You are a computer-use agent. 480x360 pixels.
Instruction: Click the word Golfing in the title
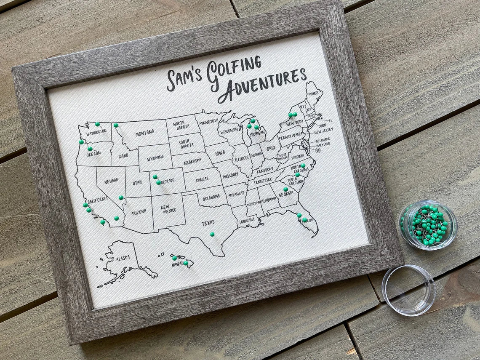[234, 69]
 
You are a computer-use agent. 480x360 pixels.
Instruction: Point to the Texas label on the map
[208, 222]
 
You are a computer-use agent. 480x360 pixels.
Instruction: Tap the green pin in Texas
[212, 234]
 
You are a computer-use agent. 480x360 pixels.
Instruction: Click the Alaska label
[123, 258]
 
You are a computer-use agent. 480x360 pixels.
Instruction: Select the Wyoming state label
[155, 159]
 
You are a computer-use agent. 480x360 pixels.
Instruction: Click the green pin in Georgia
[285, 189]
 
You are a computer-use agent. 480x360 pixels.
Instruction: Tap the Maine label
[312, 94]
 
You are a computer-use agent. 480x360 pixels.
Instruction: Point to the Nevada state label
[111, 181]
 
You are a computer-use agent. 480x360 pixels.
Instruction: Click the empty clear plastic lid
[408, 290]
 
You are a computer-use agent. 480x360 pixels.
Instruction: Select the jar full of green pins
[428, 225]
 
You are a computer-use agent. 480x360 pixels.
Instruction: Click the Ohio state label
[271, 148]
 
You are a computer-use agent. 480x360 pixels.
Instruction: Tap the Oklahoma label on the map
[211, 197]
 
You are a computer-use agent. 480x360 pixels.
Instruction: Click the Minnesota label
[209, 121]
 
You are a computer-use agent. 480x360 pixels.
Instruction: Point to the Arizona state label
[139, 213]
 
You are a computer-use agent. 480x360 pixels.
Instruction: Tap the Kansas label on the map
[202, 179]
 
